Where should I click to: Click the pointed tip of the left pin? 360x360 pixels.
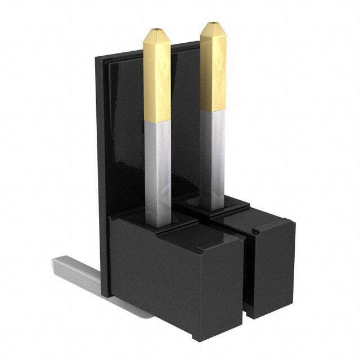(157, 30)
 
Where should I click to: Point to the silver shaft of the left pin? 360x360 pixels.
(157, 169)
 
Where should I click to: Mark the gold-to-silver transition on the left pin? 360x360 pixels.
(157, 120)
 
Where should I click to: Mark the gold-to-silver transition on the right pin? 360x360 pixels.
(213, 111)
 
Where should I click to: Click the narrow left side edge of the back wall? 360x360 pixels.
(101, 169)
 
